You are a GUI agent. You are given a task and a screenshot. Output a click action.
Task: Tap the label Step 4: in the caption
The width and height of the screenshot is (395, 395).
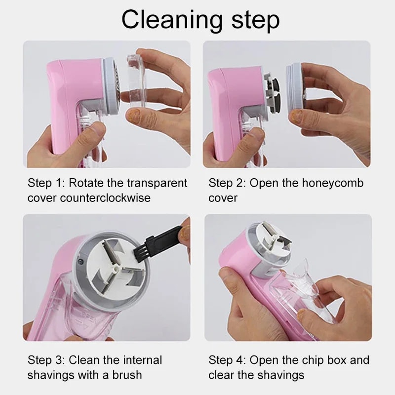[227, 360]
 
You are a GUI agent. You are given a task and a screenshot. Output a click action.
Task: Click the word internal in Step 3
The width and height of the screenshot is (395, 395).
[141, 360]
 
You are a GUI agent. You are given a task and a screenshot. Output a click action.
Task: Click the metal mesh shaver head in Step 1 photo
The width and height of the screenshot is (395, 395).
[113, 76]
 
